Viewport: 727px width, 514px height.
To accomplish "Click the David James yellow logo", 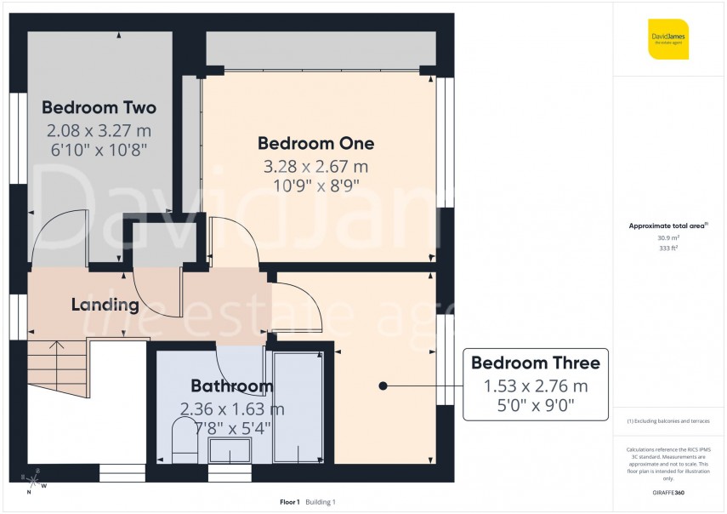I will pos(667,38).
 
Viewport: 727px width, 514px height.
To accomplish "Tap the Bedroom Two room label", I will pos(99,108).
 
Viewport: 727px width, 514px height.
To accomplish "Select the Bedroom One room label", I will pos(315,143).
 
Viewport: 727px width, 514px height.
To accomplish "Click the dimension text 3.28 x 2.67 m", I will pos(315,166).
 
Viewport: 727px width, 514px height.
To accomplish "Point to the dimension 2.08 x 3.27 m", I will pos(99,130).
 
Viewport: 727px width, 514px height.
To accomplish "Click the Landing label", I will pos(105,305).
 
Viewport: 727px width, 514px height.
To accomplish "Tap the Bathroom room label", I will pos(231,386).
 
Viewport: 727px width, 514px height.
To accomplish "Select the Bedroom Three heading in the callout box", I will pos(536,363).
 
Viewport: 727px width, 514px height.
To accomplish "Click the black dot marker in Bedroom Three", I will pos(383,385).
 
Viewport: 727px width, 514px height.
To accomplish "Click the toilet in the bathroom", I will pos(184,440).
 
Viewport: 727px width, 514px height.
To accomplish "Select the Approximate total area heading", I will pos(668,226).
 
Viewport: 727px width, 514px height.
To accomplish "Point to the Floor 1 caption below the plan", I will pos(290,502).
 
